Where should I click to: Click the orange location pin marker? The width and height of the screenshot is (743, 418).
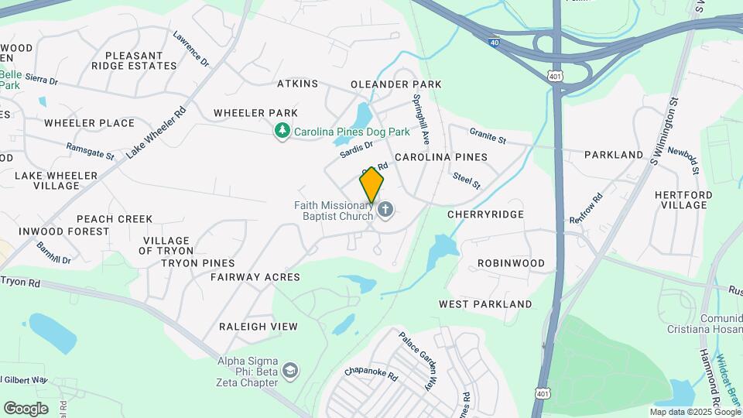pos(371,184)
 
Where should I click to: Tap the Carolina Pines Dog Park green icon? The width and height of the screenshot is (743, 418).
pos(283,132)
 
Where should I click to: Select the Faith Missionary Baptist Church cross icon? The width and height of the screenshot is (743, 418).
pos(385,210)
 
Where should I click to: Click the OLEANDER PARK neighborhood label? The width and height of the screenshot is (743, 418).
pos(395,84)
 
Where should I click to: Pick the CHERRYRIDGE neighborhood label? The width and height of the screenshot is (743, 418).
pos(485,214)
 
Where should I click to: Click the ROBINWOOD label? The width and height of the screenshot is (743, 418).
pos(511,262)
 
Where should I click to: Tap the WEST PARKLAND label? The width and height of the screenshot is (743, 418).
pos(485,304)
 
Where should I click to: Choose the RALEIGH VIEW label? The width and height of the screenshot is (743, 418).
pos(258,327)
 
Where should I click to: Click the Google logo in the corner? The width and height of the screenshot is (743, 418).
pos(26,408)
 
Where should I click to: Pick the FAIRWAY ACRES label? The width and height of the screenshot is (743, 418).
pos(255,276)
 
